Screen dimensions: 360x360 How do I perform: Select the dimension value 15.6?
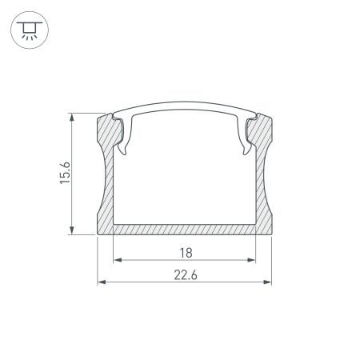pos(66,172)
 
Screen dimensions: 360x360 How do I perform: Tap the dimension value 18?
pos(185,252)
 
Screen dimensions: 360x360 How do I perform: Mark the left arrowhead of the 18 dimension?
pos(116,260)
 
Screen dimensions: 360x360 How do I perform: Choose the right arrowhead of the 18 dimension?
pos(254,260)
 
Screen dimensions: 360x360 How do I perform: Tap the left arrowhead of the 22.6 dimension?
pos(100,282)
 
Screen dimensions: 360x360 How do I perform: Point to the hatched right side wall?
pos(265,184)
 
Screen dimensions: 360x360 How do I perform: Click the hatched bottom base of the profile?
pos(185,229)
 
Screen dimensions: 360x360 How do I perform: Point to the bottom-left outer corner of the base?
pos(98,235)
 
